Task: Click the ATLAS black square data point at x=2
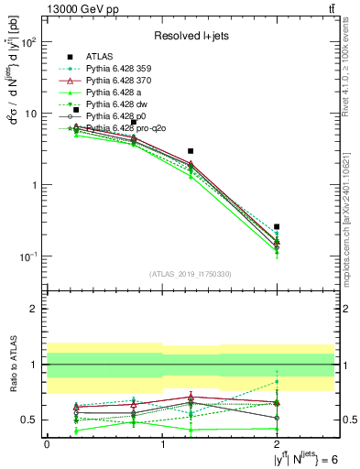277,226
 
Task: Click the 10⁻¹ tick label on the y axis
30,256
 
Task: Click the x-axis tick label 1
162,444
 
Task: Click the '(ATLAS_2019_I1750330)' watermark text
191,272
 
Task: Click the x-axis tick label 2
277,444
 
